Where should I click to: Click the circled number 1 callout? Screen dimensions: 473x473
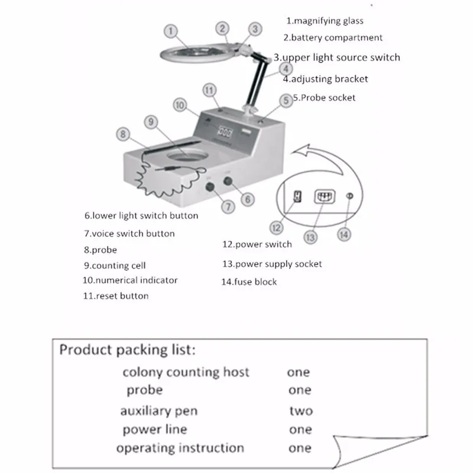tap(171, 31)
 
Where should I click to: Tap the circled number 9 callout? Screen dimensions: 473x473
tap(151, 122)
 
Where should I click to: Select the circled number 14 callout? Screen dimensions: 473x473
tap(344, 235)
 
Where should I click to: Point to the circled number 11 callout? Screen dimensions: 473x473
tap(209, 90)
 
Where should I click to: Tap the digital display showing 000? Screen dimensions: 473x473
tap(225, 132)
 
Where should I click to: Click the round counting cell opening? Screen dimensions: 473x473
tap(187, 155)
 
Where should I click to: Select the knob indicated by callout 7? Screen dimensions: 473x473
tap(210, 187)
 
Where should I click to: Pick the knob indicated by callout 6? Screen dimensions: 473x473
tap(228, 182)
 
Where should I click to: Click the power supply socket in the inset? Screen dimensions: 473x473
tap(325, 197)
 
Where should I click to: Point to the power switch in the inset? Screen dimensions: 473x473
tap(297, 196)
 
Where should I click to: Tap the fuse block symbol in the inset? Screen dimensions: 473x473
tap(349, 196)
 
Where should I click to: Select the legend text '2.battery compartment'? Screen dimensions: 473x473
tap(333, 38)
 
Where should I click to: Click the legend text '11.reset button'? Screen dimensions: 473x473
tap(116, 296)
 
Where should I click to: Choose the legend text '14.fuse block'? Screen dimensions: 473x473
tap(249, 282)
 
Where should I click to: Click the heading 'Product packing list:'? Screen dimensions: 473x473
tap(127, 350)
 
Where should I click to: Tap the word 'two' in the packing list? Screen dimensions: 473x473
tap(301, 411)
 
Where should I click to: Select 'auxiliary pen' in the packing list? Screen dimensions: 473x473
tap(159, 411)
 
